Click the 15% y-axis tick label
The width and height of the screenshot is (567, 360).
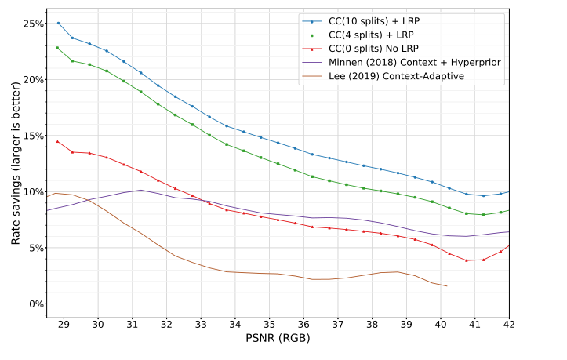[32, 136]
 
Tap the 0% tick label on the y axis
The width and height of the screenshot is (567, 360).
[35, 304]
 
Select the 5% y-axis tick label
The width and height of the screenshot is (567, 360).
[35, 248]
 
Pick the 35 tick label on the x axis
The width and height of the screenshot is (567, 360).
[269, 324]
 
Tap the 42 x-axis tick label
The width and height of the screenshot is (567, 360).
[508, 324]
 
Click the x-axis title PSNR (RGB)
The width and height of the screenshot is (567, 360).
[277, 340]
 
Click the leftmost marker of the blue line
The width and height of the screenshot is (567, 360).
[58, 23]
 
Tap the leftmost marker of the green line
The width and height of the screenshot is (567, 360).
[57, 48]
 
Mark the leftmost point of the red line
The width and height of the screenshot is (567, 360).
[57, 141]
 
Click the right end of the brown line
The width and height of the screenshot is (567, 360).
[447, 286]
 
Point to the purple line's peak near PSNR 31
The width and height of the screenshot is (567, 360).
[140, 190]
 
